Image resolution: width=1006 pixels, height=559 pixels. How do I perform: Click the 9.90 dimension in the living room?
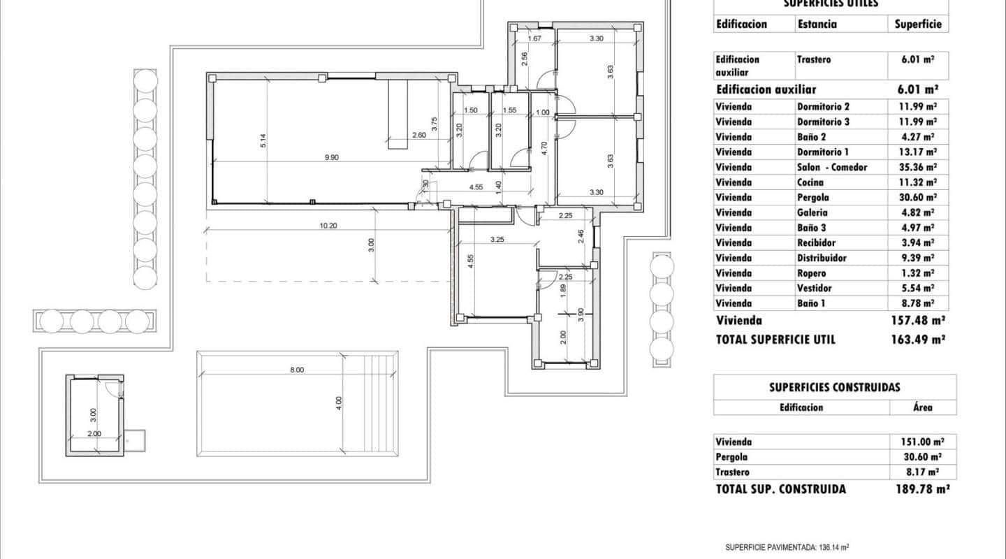pyautogui.click(x=331, y=158)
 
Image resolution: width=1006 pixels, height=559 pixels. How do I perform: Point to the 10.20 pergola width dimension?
pyautogui.click(x=328, y=226)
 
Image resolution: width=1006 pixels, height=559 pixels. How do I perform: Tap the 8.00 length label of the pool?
pyautogui.click(x=297, y=370)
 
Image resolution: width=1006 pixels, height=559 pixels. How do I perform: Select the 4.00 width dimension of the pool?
pyautogui.click(x=339, y=402)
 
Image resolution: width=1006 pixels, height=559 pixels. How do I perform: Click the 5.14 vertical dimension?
pyautogui.click(x=263, y=140)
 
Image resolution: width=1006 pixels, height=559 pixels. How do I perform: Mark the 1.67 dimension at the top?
pyautogui.click(x=535, y=38)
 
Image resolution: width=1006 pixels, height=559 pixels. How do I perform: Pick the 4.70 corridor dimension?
pyautogui.click(x=544, y=147)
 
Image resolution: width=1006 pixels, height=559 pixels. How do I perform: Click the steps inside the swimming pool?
pyautogui.click(x=381, y=404)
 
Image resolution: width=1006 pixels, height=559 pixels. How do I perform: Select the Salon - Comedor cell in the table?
pyautogui.click(x=832, y=167)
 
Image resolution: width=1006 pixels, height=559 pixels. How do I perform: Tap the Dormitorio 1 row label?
pyautogui.click(x=823, y=152)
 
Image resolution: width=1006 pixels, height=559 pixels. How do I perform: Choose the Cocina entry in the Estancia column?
pyautogui.click(x=810, y=182)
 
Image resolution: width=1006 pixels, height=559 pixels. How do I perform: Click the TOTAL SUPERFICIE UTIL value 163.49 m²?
pyautogui.click(x=920, y=340)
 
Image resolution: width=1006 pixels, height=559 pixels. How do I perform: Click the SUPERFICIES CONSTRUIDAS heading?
pyautogui.click(x=834, y=387)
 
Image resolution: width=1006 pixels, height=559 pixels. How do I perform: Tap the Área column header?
pyautogui.click(x=922, y=407)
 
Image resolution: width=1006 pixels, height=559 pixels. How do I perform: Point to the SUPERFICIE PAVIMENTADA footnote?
pyautogui.click(x=787, y=548)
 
